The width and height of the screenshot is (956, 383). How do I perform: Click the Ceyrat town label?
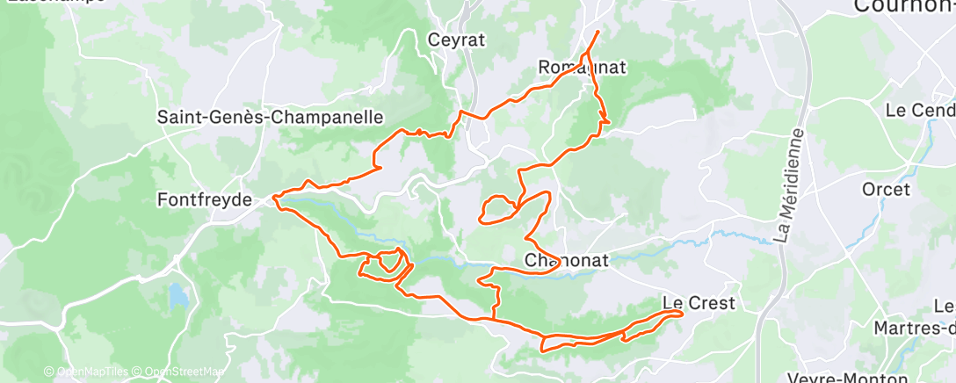click(x=456, y=40)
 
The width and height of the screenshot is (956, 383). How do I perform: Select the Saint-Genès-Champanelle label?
click(x=271, y=116)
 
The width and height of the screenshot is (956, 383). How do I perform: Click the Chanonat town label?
click(x=562, y=261)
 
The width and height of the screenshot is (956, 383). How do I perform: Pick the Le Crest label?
click(x=699, y=304)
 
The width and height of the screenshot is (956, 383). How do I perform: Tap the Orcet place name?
click(x=886, y=189)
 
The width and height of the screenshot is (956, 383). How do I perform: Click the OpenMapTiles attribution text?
click(x=86, y=372)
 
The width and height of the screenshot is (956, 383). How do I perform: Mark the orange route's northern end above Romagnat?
click(x=598, y=32)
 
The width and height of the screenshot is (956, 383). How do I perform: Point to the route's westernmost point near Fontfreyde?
click(x=274, y=199)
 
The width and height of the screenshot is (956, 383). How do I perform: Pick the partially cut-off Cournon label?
click(x=905, y=7)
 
